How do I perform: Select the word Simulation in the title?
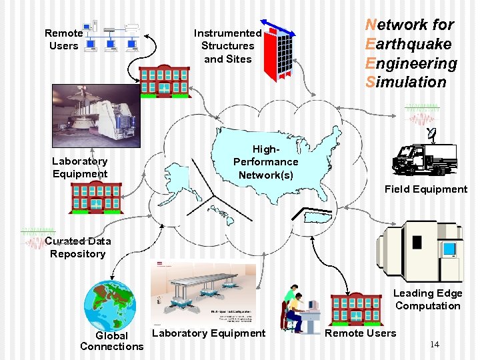click(405, 82)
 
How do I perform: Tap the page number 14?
click(434, 344)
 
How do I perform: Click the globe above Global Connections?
click(109, 305)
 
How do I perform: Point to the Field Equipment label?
click(426, 189)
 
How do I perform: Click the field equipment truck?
click(425, 159)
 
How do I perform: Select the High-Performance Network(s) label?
click(265, 162)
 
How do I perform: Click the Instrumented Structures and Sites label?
click(227, 46)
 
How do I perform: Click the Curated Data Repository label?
click(77, 247)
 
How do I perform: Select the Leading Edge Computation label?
click(427, 299)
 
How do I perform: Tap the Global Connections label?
click(111, 341)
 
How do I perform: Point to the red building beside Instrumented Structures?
click(163, 81)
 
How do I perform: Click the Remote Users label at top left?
click(63, 39)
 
